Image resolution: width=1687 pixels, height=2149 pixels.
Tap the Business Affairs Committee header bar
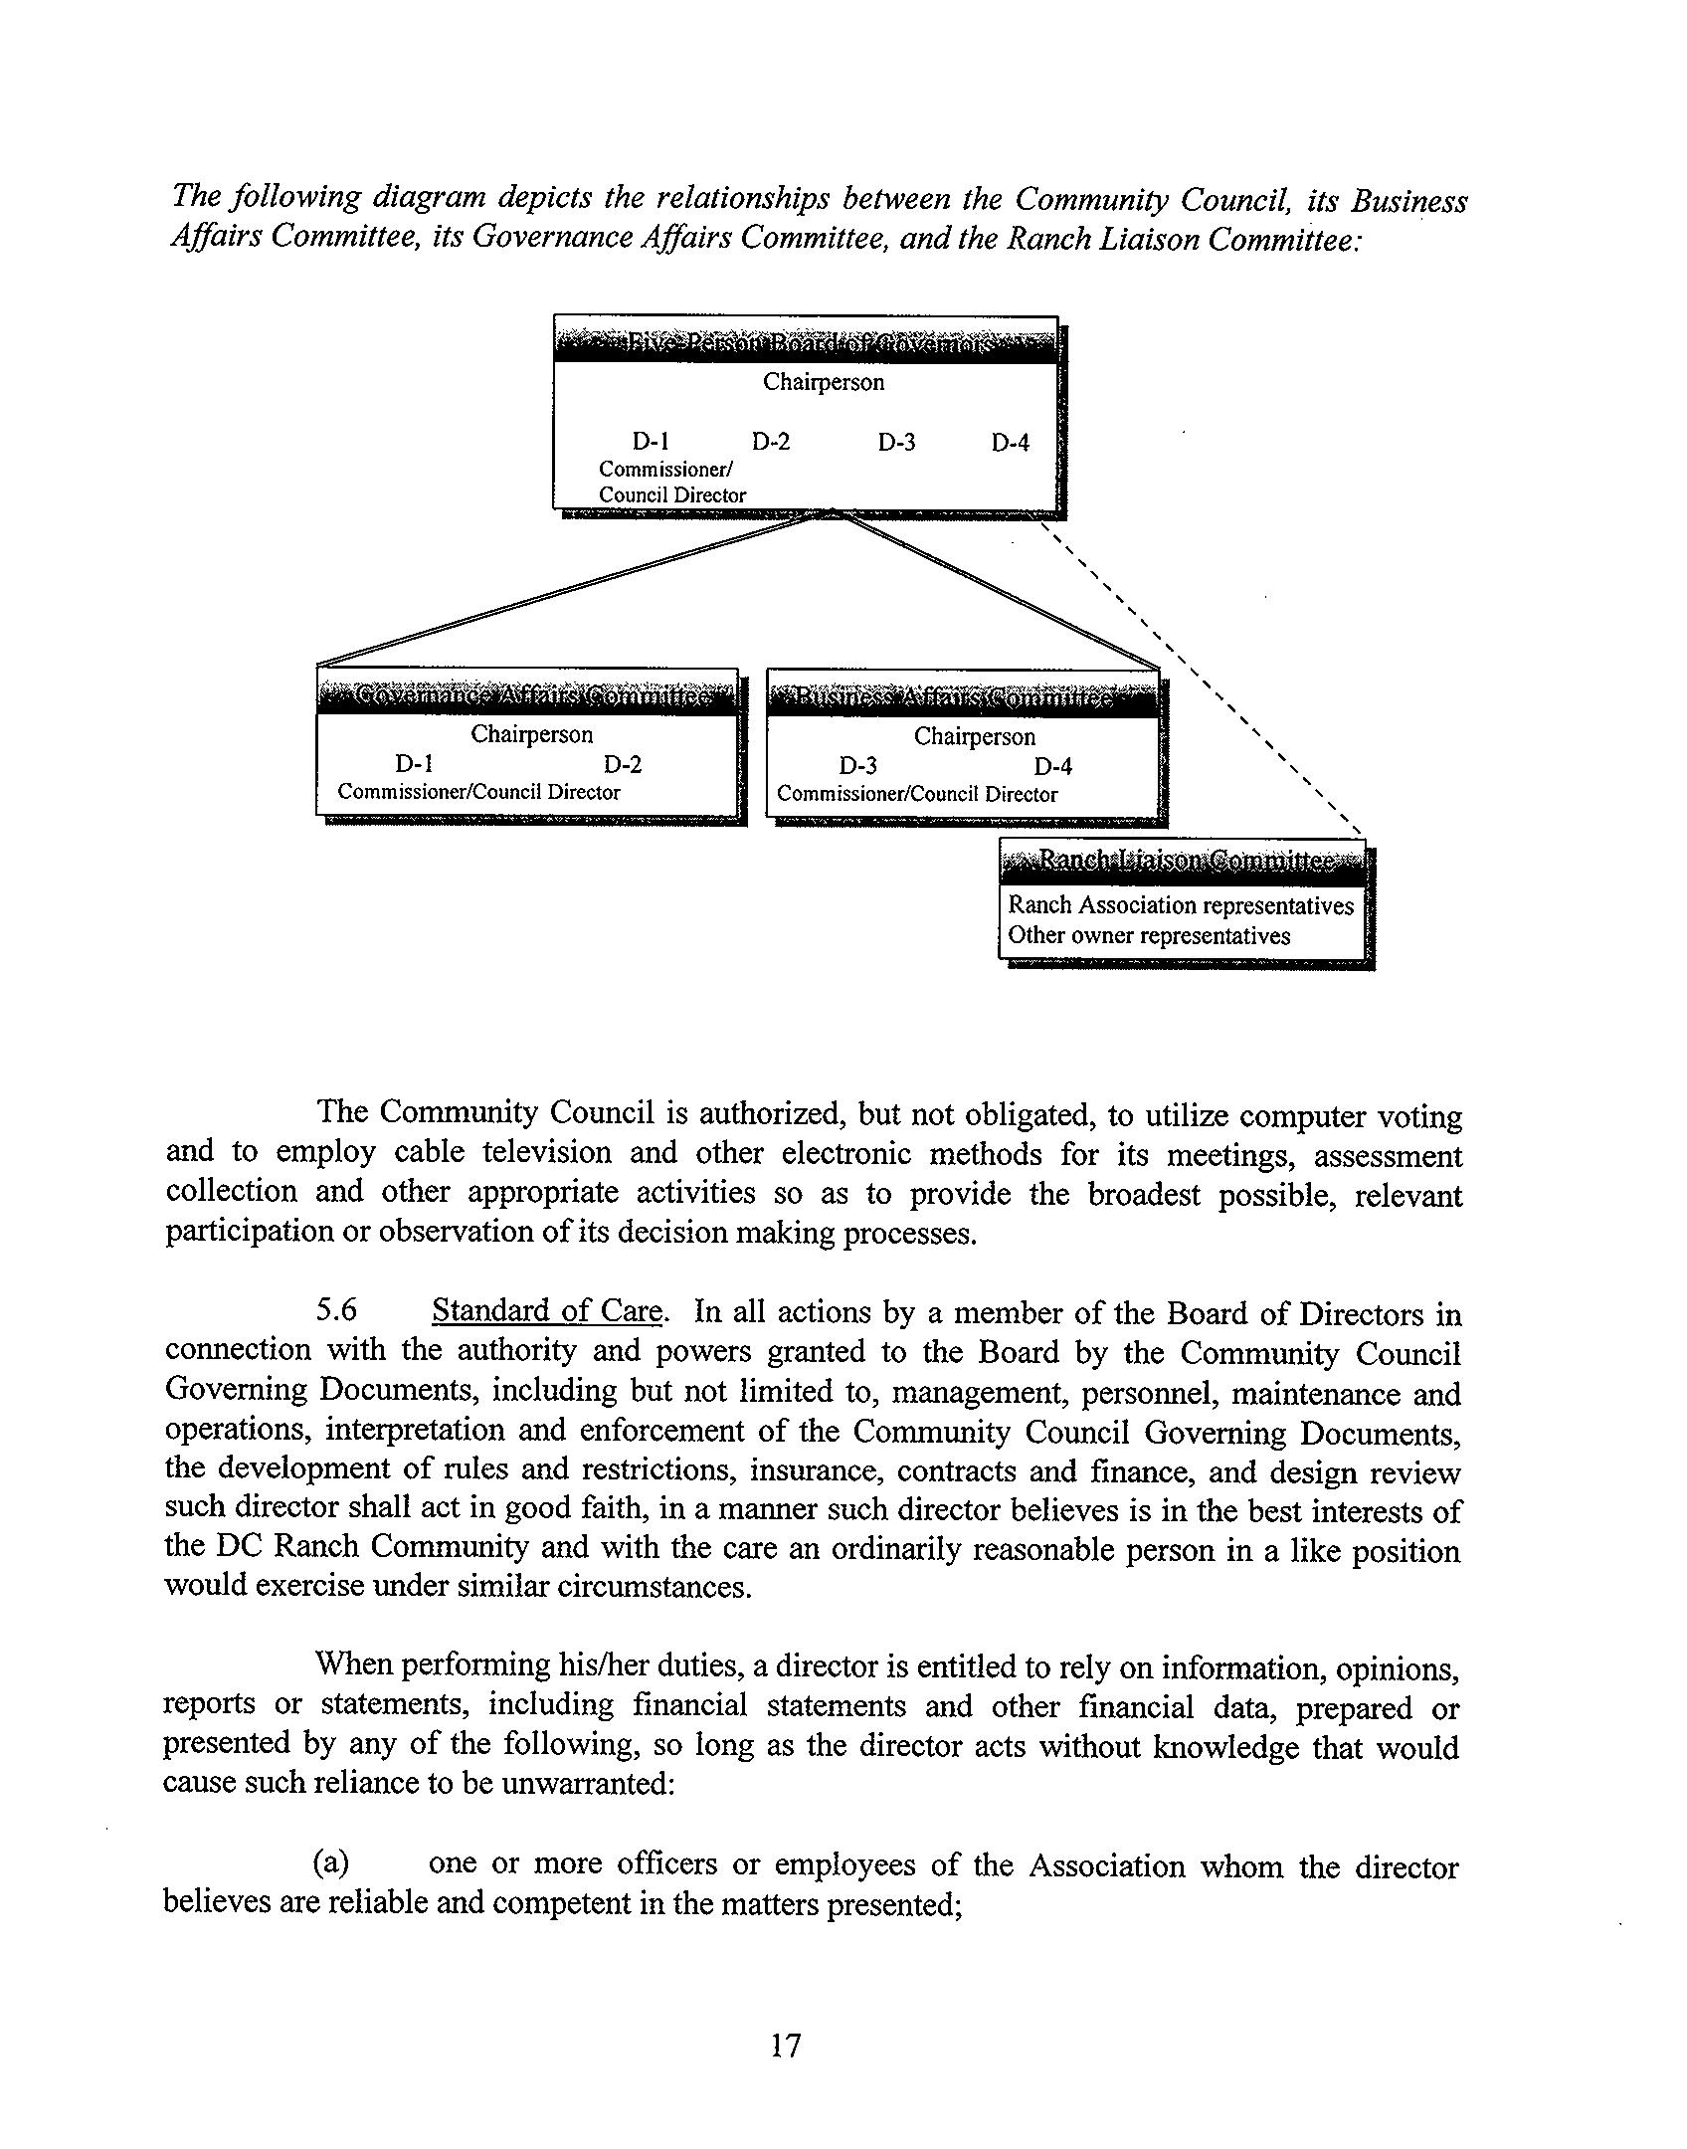point(963,697)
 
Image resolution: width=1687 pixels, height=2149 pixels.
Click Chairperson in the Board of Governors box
point(823,382)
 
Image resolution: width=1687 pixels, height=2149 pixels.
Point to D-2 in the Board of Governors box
point(771,442)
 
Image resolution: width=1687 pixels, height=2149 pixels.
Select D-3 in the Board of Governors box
point(896,443)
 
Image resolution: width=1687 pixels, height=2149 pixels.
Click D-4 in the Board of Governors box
point(1010,443)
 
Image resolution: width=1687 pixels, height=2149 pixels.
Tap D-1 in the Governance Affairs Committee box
point(414,764)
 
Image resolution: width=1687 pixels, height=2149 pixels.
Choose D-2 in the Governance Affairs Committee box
point(623,764)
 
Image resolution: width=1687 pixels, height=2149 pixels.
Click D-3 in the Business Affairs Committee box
point(857,766)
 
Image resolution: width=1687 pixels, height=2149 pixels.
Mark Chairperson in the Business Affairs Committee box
point(974,737)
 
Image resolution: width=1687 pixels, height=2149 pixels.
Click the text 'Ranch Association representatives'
point(1181,905)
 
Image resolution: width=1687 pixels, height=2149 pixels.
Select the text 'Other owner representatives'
point(1149,936)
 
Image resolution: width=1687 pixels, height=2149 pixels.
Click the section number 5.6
point(336,1310)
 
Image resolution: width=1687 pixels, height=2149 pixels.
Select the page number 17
point(785,2045)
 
